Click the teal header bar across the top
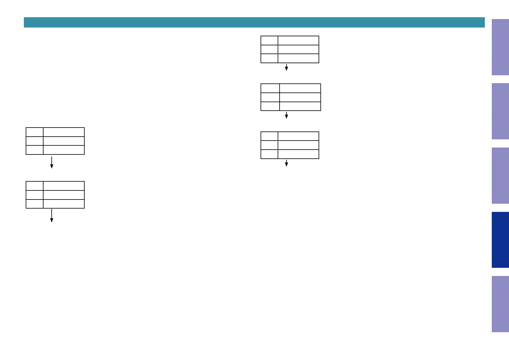coord(254,22)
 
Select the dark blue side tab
coord(500,240)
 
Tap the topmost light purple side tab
coord(500,47)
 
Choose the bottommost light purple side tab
coord(500,304)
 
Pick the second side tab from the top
coord(500,111)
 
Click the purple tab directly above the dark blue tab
coord(500,176)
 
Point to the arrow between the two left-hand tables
coord(52,162)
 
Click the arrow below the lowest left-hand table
coord(52,216)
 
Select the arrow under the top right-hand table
coord(286,67)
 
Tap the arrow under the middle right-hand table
coord(286,115)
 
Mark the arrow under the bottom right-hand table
coord(286,163)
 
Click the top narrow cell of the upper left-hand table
coord(34,132)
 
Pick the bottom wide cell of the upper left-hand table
coord(63,150)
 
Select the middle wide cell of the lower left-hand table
coord(63,195)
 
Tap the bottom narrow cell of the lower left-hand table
coord(34,204)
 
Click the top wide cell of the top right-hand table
coord(298,41)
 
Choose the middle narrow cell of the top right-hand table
coord(269,49)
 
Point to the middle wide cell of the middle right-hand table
coord(300,97)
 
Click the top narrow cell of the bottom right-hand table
coord(269,136)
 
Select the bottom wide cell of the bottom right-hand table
coord(298,154)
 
